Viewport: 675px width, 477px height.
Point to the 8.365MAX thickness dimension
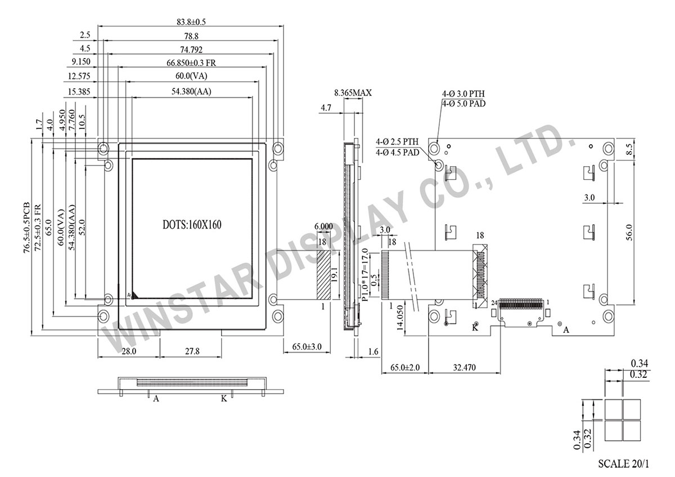[x=353, y=93]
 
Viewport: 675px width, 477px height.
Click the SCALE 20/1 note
[x=623, y=465]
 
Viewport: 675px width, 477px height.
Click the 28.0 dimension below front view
[x=128, y=351]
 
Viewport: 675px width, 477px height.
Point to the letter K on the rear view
[x=475, y=328]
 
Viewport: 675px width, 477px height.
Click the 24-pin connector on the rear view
[x=523, y=304]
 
